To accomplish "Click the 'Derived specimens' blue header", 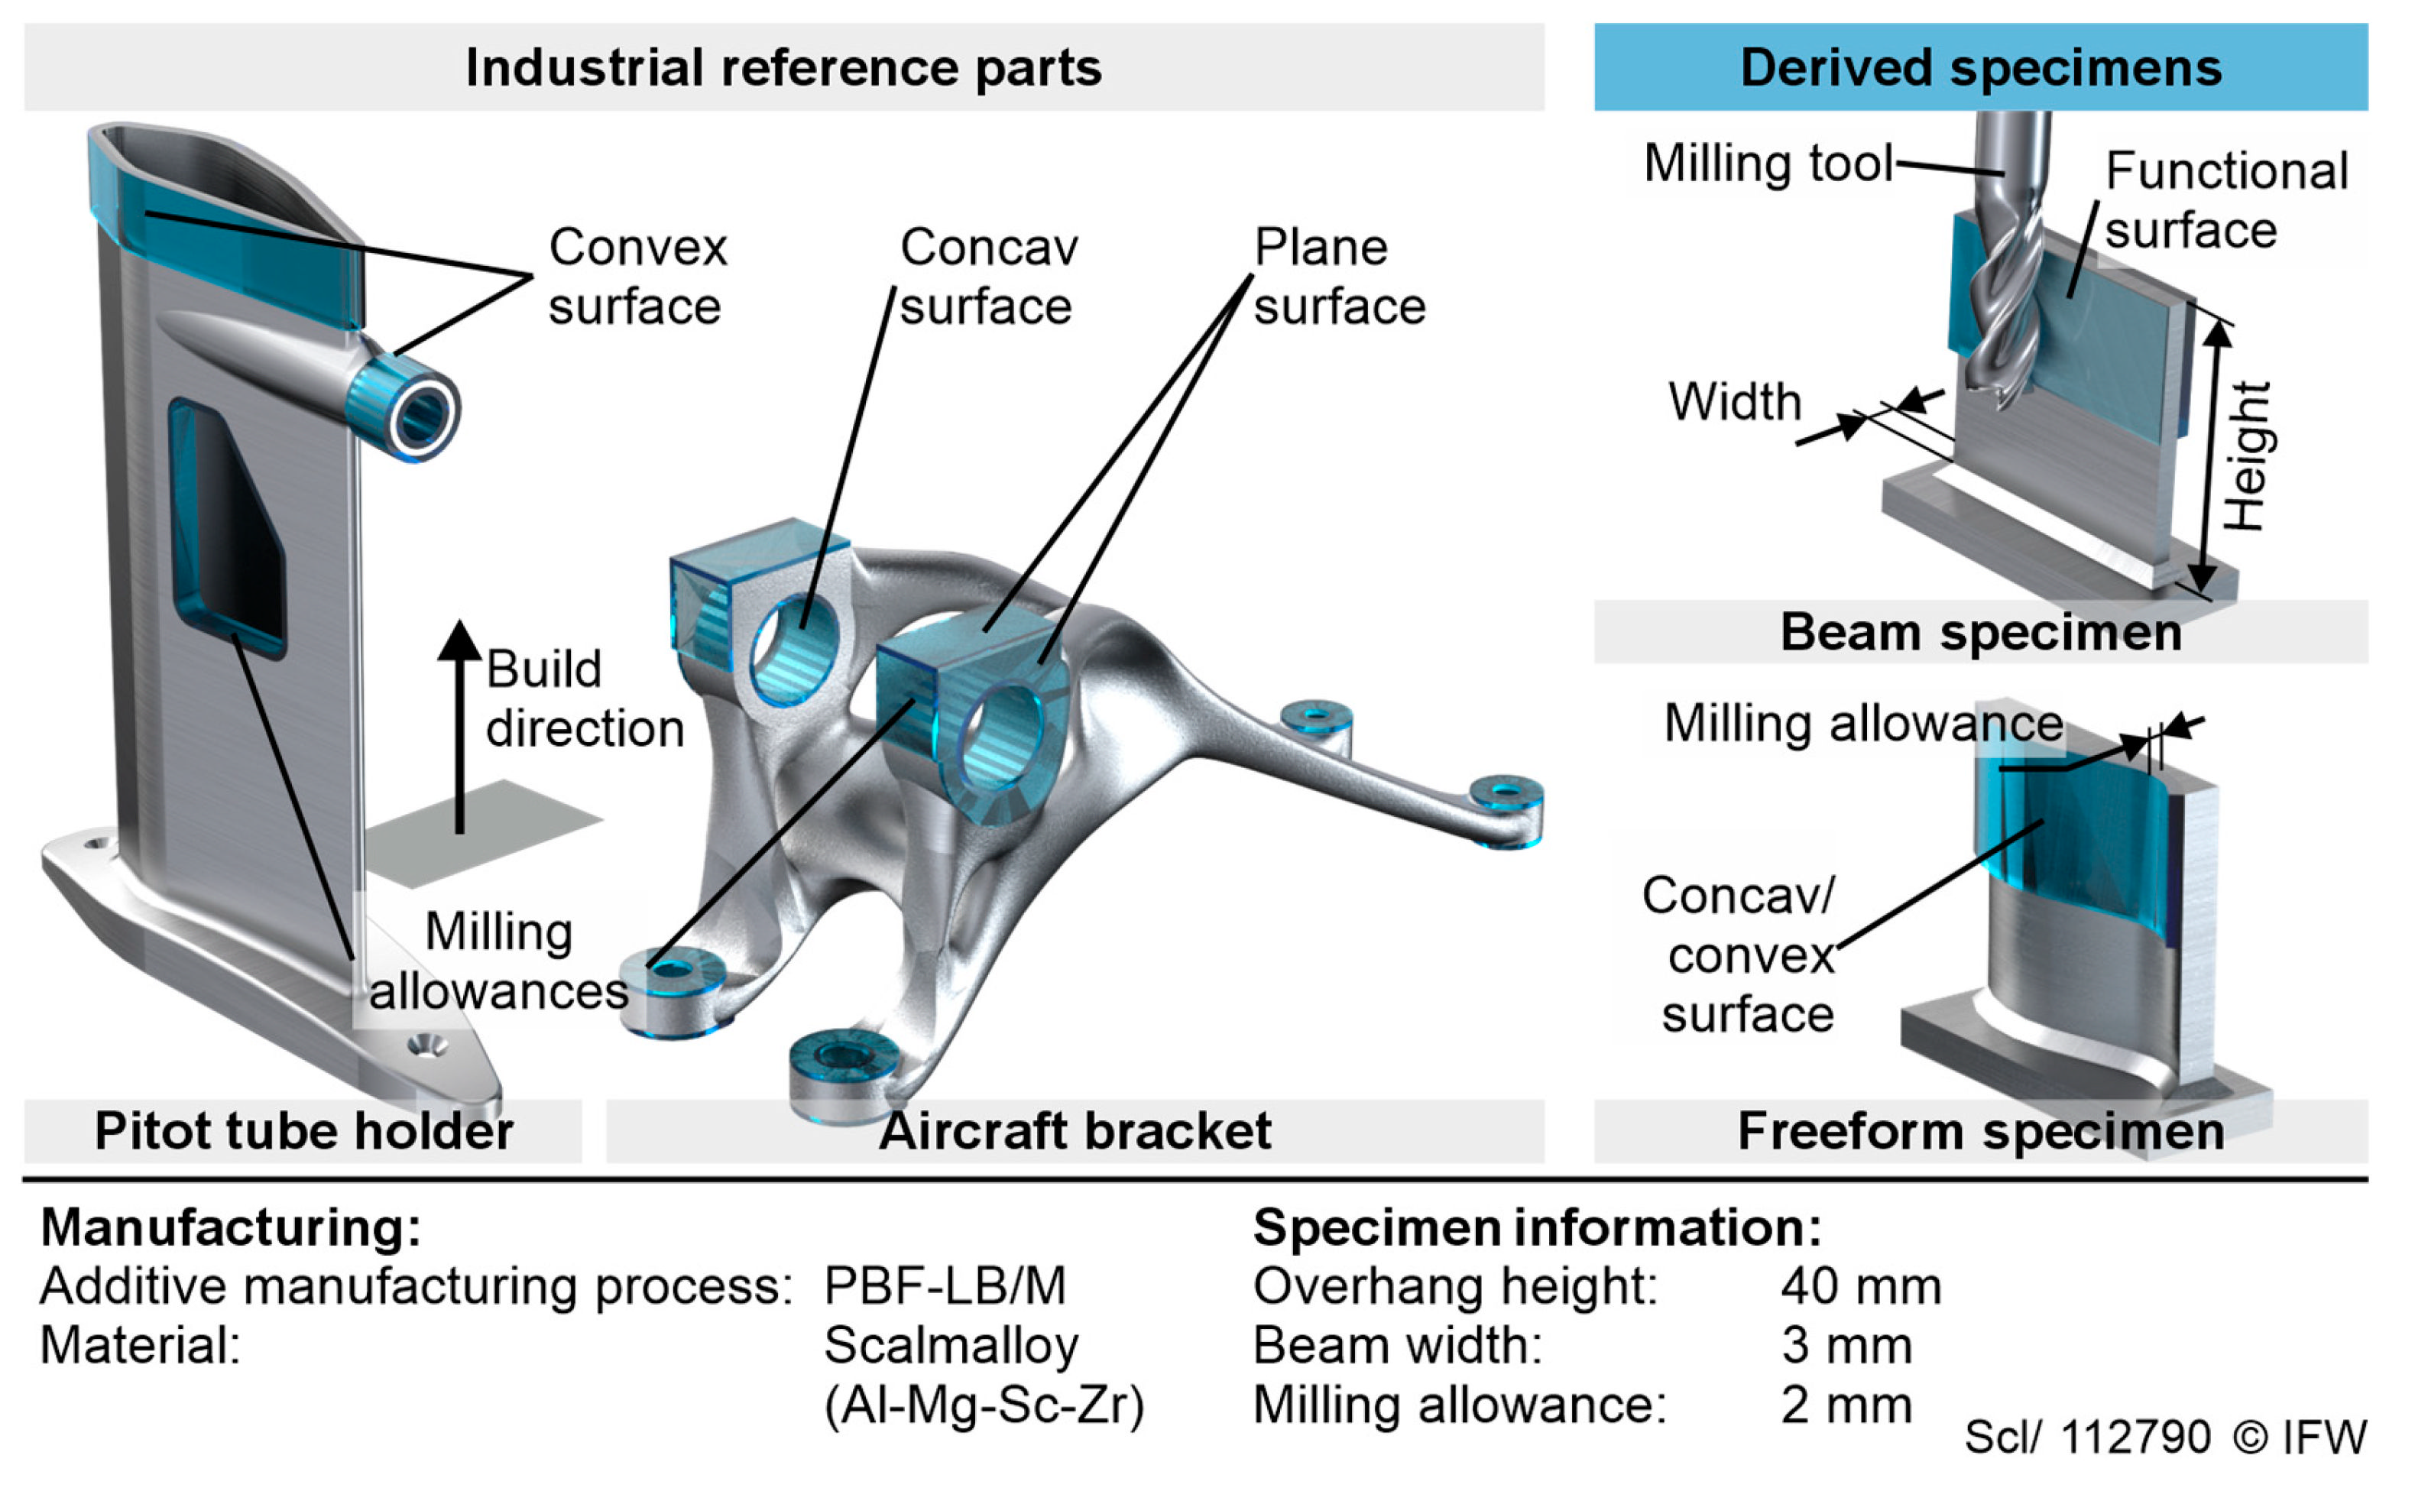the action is pos(1980,67).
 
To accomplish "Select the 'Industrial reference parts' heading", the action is pos(784,67).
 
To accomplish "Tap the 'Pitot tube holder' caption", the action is pos(303,1130).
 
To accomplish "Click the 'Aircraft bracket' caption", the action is pos(1075,1130).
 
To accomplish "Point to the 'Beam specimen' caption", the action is pos(1981,631).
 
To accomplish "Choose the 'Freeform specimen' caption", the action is pos(1981,1130).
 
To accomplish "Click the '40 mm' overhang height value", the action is pos(1861,1286).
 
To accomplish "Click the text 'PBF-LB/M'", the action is pos(945,1286).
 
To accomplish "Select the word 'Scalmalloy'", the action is pos(951,1345).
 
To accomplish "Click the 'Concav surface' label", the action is pos(988,276).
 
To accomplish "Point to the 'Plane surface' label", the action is pos(1339,276).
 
